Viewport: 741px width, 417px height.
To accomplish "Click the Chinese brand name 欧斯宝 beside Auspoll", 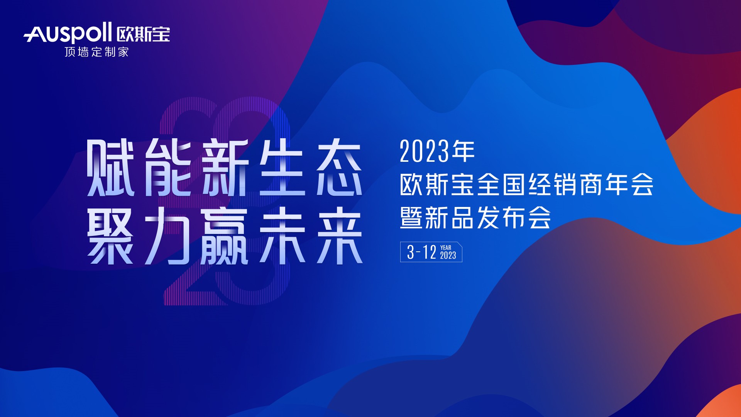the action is [143, 34].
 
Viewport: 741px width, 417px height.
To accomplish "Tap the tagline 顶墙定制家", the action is [96, 52].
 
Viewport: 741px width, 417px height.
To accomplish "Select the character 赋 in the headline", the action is [110, 168].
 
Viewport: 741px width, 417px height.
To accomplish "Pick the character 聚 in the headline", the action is [110, 235].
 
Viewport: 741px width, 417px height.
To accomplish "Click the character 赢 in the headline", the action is [225, 235].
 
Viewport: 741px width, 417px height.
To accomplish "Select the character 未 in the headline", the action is [282, 235].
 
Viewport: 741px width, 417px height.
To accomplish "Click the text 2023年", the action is [437, 151].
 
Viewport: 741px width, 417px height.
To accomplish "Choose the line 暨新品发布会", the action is [475, 217].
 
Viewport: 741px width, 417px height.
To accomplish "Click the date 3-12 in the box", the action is [421, 252].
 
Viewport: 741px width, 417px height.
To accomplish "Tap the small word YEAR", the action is [446, 247].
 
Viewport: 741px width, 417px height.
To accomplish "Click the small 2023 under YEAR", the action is [448, 255].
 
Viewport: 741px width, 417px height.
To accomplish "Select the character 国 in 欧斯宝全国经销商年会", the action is [514, 184].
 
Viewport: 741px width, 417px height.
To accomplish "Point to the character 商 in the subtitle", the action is [590, 184].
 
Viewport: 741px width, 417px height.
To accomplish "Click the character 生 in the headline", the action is [282, 168].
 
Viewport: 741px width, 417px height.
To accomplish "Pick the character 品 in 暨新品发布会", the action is [462, 217].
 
